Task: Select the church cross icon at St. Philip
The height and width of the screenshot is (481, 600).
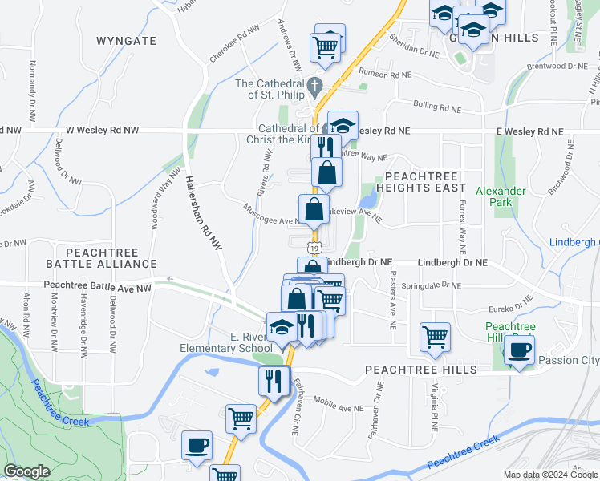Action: click(316, 84)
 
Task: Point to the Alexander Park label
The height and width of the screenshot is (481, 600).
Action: click(501, 196)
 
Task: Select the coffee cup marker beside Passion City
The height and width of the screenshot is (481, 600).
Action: click(520, 350)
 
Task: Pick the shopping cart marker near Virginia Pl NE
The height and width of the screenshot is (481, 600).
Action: click(435, 336)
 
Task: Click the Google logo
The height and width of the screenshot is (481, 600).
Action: click(26, 471)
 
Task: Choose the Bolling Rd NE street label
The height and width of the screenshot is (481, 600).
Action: click(437, 106)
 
